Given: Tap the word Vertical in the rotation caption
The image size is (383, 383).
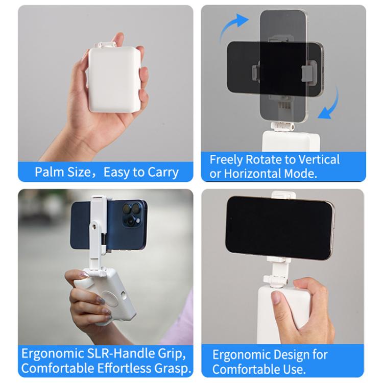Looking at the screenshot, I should (x=315, y=159).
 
